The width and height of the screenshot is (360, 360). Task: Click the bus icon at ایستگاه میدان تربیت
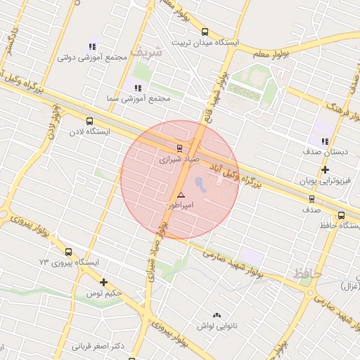[x=205, y=32]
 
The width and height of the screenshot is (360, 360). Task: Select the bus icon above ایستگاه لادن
[x=89, y=121]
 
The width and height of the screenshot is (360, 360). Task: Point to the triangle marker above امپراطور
[x=181, y=194]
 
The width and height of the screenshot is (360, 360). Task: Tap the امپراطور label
[x=181, y=205]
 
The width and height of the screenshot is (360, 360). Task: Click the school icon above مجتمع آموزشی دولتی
[x=92, y=46]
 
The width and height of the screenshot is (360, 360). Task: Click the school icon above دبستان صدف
[x=325, y=141]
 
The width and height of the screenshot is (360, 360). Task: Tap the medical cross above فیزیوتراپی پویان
[x=325, y=170]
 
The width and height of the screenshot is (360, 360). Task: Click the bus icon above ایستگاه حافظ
[x=341, y=215]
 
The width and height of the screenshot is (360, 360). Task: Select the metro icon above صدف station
[x=311, y=199]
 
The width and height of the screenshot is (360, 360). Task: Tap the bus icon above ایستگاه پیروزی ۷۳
[x=68, y=252]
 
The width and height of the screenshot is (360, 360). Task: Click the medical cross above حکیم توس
[x=104, y=282]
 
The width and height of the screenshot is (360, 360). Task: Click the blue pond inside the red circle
[x=200, y=185]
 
